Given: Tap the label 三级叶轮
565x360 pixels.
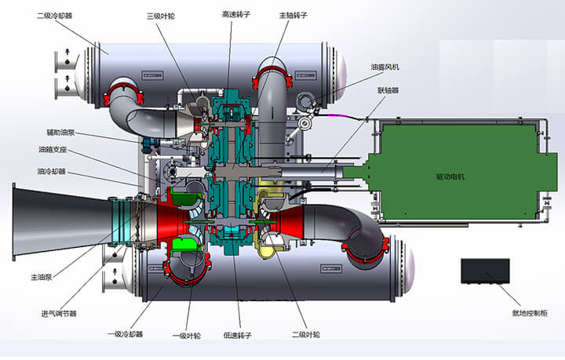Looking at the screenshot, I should click(161, 15).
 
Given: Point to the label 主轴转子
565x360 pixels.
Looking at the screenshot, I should click(293, 15).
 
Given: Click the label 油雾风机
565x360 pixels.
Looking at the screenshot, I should click(385, 67).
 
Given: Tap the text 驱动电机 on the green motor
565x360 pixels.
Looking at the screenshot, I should click(450, 176).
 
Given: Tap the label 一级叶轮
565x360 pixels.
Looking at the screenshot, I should click(185, 336).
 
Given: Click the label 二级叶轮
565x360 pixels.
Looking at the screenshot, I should click(305, 336).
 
